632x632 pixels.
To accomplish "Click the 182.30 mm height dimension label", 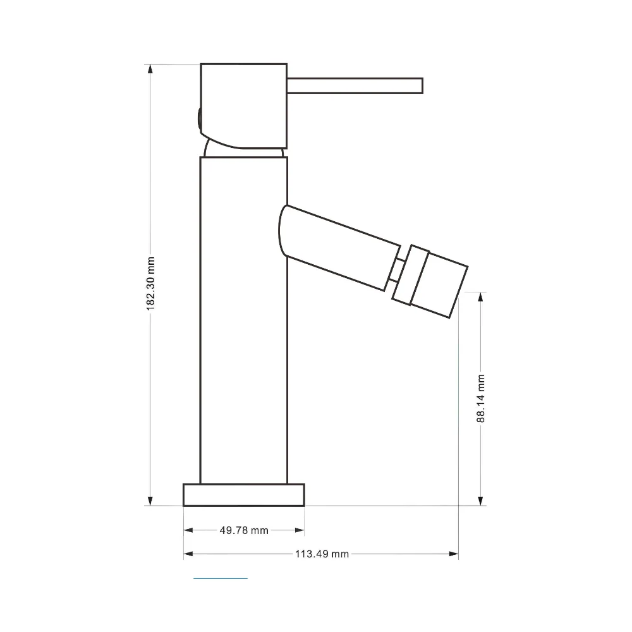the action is click(150, 283).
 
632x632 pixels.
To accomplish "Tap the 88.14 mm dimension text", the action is click(480, 398).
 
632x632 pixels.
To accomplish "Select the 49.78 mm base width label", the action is click(244, 530).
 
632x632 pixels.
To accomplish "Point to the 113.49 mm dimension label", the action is click(322, 554).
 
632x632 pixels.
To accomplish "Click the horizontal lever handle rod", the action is click(355, 86).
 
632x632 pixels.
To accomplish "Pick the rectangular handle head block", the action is click(244, 106).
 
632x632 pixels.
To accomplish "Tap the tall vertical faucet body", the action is click(244, 320).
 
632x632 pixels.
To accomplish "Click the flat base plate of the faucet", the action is click(244, 495).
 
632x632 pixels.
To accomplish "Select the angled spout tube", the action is click(339, 248).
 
